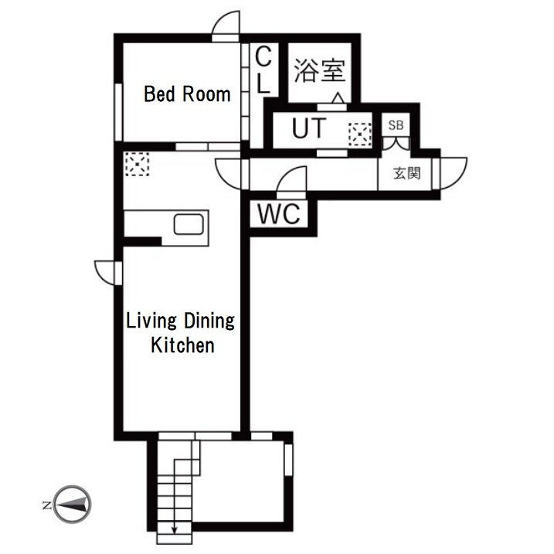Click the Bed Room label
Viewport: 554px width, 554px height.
tap(187, 94)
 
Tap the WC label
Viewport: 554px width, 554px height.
tap(279, 213)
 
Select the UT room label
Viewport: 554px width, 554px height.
tap(309, 128)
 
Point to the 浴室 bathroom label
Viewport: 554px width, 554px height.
tap(319, 70)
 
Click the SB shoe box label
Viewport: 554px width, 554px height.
tap(396, 124)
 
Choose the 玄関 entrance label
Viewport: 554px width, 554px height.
tap(406, 173)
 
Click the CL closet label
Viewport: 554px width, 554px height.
tap(263, 70)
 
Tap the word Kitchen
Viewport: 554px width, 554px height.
tap(182, 345)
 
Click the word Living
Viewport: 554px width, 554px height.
tap(151, 321)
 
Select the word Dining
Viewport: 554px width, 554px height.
tap(209, 321)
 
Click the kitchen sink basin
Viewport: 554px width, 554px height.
tap(189, 224)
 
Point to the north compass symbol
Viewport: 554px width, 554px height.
tap(73, 505)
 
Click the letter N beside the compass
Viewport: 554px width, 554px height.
tap(46, 505)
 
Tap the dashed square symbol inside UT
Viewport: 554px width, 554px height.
tap(360, 134)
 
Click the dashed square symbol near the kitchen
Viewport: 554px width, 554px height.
tap(137, 164)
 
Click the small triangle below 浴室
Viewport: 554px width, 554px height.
tap(338, 98)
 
